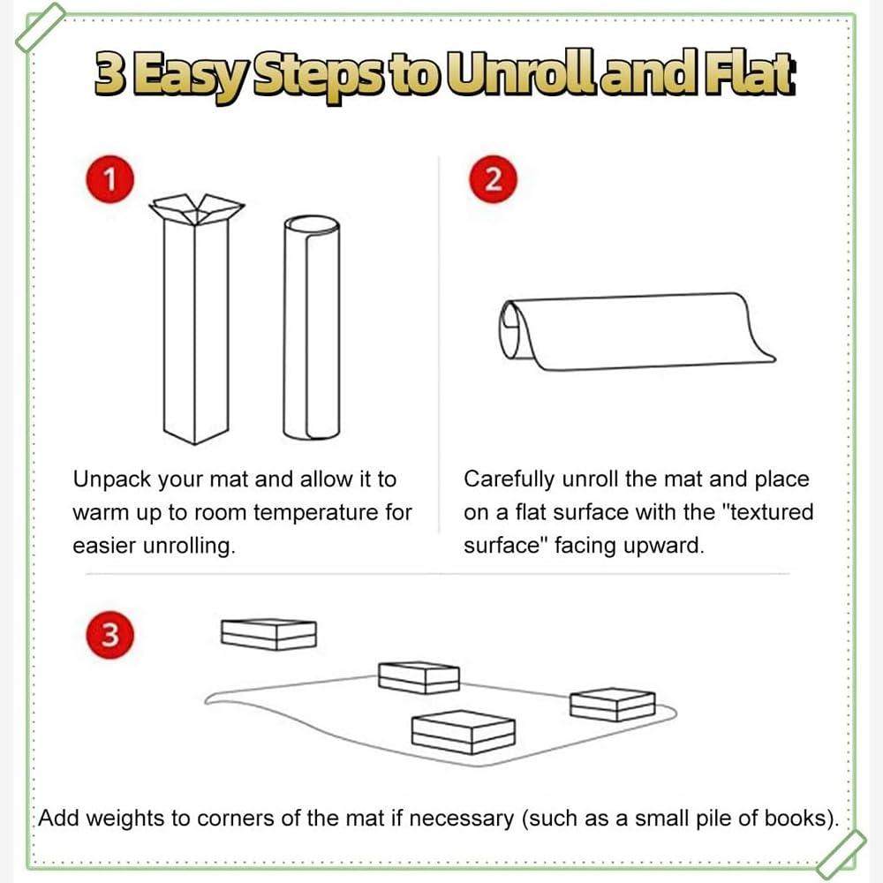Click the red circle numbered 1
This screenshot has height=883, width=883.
point(109,179)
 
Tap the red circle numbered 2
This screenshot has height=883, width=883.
point(493,179)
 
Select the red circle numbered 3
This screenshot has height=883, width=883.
point(109,635)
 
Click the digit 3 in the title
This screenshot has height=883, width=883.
point(109,74)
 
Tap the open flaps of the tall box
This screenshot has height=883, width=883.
point(197,209)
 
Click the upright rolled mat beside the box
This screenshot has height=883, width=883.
point(312,327)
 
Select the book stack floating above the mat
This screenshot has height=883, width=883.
point(268,634)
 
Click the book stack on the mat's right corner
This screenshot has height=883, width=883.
point(612,704)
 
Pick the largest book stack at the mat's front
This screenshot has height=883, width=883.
point(463,731)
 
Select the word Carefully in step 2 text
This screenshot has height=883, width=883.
point(509,479)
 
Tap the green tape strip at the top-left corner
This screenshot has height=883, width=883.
point(41,27)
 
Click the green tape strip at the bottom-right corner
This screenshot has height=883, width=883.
point(841,853)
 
